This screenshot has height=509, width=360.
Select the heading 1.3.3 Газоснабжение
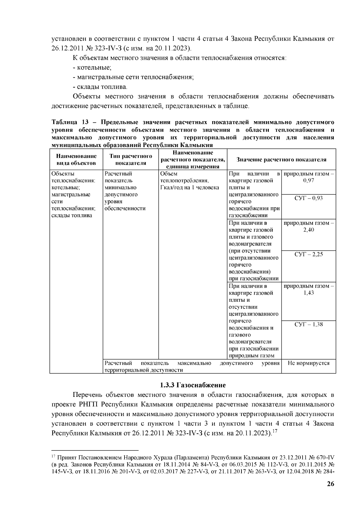point(192,385)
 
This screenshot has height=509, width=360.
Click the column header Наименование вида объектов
point(76,160)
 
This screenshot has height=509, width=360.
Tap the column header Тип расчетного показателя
point(130,160)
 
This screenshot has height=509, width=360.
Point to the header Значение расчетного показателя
point(281,160)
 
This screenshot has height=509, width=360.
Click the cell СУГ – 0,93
point(308,198)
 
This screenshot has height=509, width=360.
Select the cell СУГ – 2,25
point(308,254)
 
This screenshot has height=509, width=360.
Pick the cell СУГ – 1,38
point(308,324)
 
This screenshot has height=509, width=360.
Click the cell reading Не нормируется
point(308,363)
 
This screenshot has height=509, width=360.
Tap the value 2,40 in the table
point(308,230)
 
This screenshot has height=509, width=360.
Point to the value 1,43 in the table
point(308,293)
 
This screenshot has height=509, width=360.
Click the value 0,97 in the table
point(308,181)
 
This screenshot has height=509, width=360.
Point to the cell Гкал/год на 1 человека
point(190,188)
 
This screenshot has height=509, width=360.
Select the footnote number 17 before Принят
point(53,457)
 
